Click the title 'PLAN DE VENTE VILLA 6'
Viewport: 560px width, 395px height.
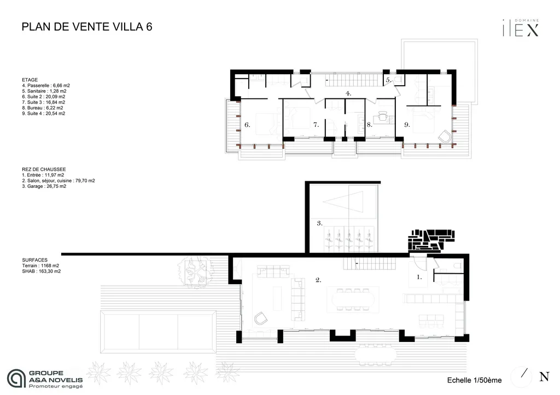point(86,27)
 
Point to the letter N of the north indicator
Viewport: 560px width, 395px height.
point(544,376)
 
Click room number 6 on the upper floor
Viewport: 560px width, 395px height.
point(247,125)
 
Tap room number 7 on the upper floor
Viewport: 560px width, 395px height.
point(316,125)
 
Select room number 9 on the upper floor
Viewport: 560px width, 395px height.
point(407,125)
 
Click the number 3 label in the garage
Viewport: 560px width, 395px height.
point(319,223)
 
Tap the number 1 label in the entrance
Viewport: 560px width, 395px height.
point(419,277)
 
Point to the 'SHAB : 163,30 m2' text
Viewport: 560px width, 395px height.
point(42,271)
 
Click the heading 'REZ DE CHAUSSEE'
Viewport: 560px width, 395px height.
point(44,170)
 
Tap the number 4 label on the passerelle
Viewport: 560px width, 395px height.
point(348,93)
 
